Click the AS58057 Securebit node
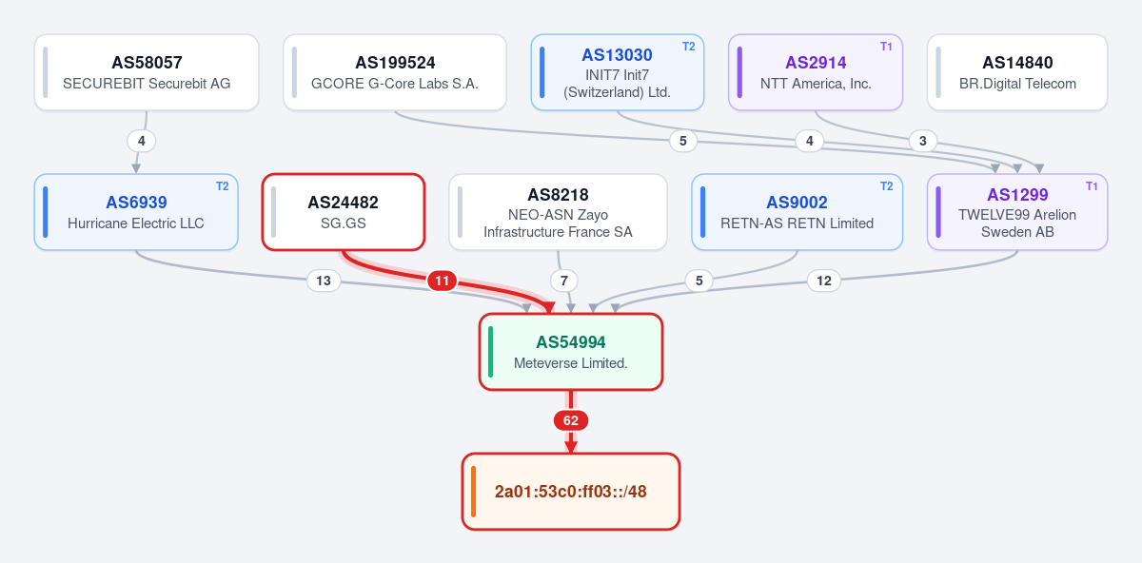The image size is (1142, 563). coord(147,72)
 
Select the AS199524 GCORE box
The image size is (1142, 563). coord(395,72)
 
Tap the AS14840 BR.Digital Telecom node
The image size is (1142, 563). coord(1017,72)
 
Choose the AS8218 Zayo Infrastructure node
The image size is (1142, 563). coord(559,212)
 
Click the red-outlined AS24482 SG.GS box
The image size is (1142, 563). coord(344,212)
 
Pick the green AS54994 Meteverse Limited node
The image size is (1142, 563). coord(571,352)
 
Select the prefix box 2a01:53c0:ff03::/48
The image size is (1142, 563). coord(571,492)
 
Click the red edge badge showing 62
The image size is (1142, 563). coord(571,420)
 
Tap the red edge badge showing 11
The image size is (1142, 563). coord(442,281)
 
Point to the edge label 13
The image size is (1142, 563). coord(324,281)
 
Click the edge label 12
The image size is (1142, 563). coord(824,281)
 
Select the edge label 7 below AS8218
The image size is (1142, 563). coord(563,281)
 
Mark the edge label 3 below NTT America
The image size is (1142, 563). coord(923,141)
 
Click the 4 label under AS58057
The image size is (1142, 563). coord(142,141)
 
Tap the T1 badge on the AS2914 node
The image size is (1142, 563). coord(886,47)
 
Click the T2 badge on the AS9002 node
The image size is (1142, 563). coord(887,186)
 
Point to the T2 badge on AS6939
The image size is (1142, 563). coord(223,186)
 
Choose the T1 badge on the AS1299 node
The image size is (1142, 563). coord(1092,186)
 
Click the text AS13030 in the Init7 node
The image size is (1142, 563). coord(617,55)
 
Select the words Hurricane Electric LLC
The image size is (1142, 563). coord(135,223)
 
